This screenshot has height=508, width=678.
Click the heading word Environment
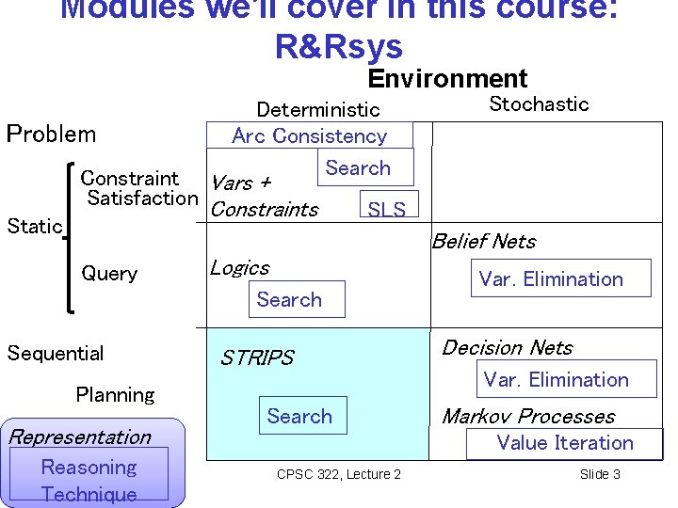[x=447, y=79]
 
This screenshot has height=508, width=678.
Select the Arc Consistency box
[x=309, y=135]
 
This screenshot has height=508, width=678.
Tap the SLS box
[x=386, y=208]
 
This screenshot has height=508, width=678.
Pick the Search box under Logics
[x=289, y=300]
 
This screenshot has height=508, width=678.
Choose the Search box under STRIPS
[x=299, y=416]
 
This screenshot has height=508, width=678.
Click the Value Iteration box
[x=564, y=443]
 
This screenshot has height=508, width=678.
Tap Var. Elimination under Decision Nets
[x=556, y=380]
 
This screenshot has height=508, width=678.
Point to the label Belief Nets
[x=484, y=242]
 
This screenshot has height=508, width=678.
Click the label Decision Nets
[x=507, y=348]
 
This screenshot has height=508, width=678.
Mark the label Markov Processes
[x=527, y=416]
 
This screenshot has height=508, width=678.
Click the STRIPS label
[x=256, y=358]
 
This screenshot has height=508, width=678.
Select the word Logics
[x=239, y=268]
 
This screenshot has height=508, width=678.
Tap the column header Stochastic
[x=539, y=104]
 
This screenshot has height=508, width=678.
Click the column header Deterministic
[x=318, y=110]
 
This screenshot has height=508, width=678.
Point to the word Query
[x=109, y=274]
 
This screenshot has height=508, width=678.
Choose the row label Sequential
[x=56, y=354]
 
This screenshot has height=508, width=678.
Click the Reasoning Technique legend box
[x=89, y=480]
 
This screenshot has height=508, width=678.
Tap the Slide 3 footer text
[x=600, y=474]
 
